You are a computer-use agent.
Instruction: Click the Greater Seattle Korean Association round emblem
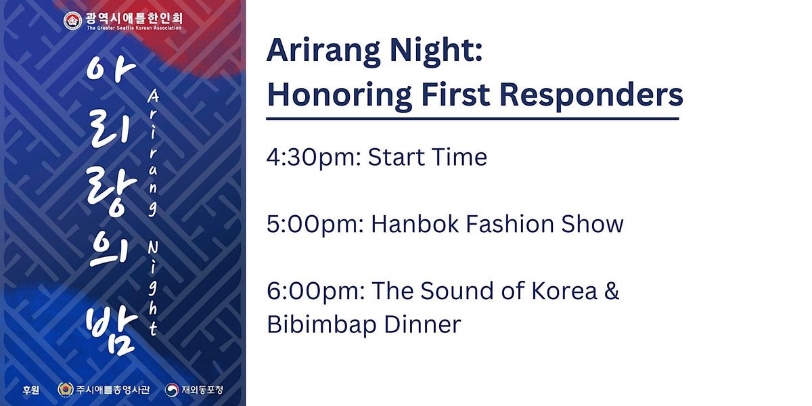click(72, 21)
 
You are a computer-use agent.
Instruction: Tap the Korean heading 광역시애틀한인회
click(134, 18)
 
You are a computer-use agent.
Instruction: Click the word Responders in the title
click(591, 95)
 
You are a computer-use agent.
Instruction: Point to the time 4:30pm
click(314, 158)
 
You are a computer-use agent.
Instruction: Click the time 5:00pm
click(315, 225)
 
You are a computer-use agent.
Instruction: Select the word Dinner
click(422, 323)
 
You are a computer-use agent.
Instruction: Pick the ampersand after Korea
click(612, 291)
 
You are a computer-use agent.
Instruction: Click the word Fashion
click(510, 224)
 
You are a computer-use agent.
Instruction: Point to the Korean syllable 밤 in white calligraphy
click(112, 330)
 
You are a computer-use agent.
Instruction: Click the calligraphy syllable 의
click(108, 251)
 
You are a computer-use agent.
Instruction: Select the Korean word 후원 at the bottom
click(31, 390)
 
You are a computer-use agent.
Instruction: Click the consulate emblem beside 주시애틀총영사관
click(65, 389)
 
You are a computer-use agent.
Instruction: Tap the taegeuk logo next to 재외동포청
click(171, 390)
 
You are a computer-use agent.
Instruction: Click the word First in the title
click(455, 95)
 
